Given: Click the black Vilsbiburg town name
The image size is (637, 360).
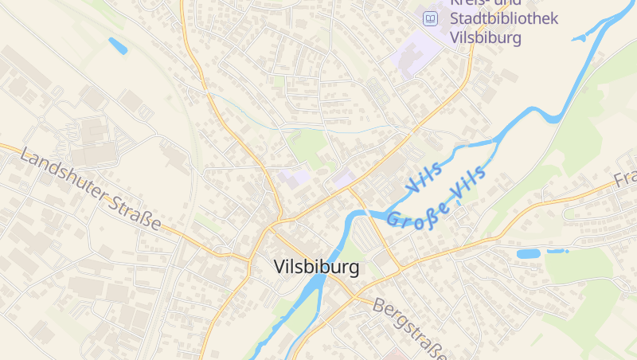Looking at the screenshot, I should (316, 268).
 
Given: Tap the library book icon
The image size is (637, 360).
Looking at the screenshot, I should (430, 18).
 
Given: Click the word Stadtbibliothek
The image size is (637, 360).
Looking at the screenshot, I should (503, 18).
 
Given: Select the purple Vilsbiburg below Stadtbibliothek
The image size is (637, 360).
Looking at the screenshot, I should (485, 37).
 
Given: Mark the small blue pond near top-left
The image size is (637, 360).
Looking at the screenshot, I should (118, 45).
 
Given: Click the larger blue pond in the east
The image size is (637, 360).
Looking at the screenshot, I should (528, 254).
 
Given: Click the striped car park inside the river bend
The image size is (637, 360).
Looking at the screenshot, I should (368, 235).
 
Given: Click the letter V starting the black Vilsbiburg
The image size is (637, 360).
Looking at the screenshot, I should (279, 268).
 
